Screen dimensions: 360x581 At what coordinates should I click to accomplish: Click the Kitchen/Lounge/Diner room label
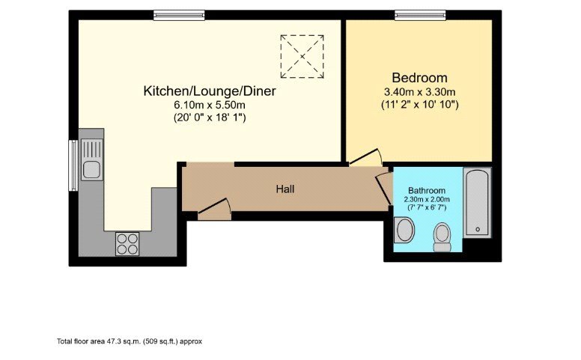[210, 91]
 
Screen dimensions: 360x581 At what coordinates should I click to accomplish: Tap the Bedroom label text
[419, 78]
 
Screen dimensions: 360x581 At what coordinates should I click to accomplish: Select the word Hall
[285, 189]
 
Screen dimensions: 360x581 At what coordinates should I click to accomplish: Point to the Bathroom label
[427, 191]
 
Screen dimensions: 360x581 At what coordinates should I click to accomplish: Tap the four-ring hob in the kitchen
[127, 244]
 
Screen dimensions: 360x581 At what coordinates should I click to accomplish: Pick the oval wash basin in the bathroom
[405, 230]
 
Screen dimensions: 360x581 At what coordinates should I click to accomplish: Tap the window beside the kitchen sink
[73, 164]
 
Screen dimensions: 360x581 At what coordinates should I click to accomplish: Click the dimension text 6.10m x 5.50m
[210, 106]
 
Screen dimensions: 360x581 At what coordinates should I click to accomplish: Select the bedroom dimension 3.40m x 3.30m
[419, 93]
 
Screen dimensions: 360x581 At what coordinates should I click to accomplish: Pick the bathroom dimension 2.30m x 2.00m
[427, 199]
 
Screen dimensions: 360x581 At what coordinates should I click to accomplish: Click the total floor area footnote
[129, 341]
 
